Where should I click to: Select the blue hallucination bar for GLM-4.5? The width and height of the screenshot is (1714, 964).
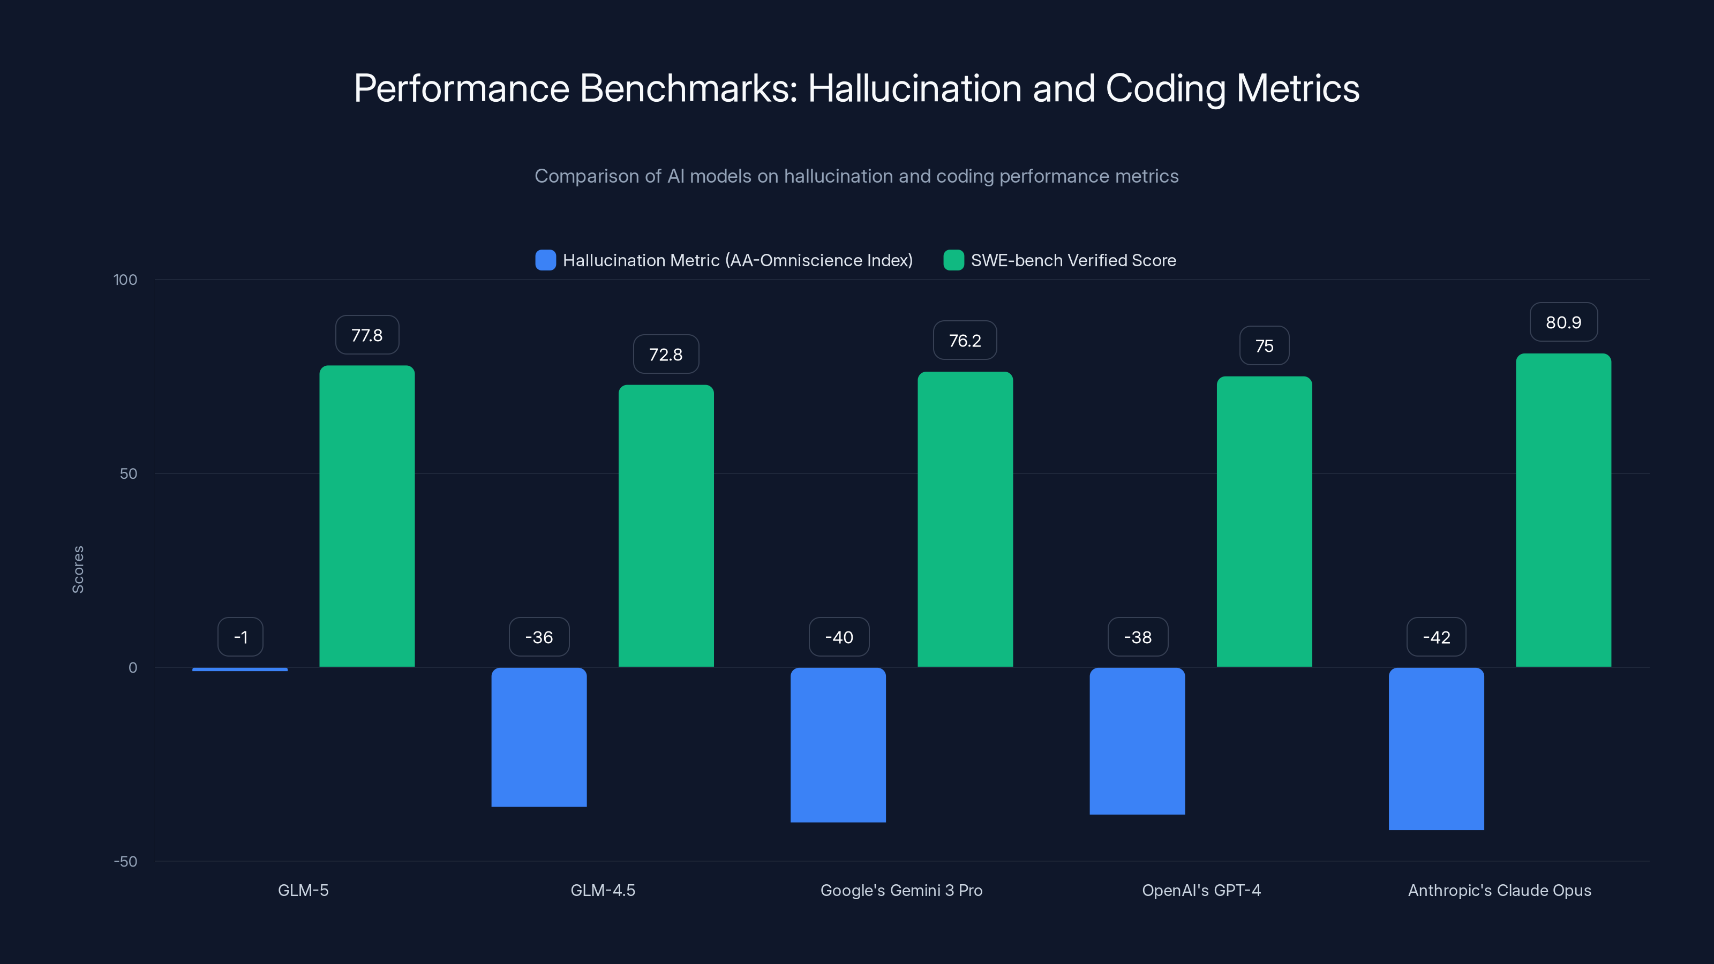(539, 736)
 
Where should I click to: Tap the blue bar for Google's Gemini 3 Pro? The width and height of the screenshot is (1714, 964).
(838, 744)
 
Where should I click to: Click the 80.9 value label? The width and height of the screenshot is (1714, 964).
(1563, 322)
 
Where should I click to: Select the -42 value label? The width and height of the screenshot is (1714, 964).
(1436, 637)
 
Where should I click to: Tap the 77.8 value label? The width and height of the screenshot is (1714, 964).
(366, 335)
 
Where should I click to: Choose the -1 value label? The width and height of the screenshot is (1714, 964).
(240, 637)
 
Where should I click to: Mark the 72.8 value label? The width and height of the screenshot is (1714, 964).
(665, 355)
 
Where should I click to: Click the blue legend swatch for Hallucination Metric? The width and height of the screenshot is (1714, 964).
(545, 260)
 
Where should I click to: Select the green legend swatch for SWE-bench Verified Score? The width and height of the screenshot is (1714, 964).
(953, 260)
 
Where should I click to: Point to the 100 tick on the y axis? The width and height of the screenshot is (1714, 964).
(125, 280)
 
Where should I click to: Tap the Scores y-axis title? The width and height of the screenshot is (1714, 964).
(78, 569)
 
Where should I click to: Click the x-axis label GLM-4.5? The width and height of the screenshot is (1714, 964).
(603, 890)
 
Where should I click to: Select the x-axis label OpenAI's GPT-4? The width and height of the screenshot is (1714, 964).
(1201, 890)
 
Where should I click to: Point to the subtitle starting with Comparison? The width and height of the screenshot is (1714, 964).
(856, 176)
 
